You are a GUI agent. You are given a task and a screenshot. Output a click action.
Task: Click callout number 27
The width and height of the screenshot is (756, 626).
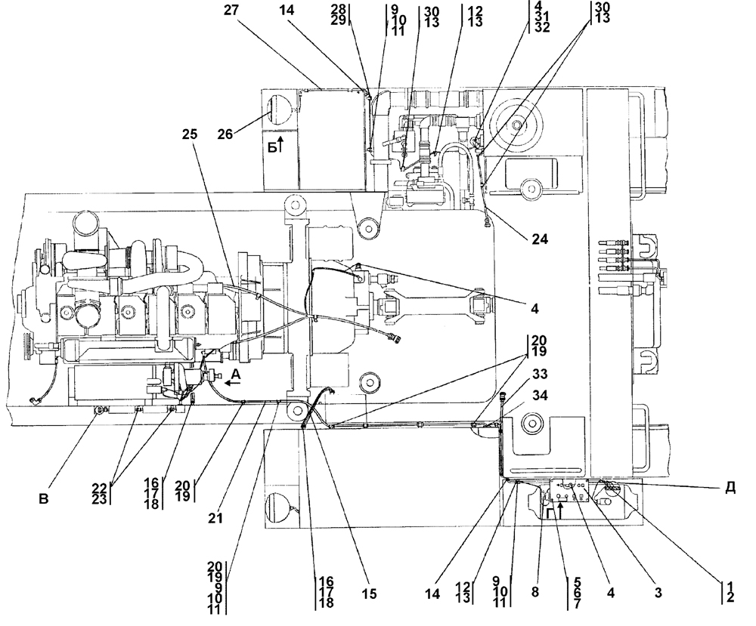click(232, 10)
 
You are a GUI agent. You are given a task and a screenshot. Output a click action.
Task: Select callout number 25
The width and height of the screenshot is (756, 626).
click(190, 134)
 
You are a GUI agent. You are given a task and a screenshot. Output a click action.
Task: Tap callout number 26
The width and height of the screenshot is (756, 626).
click(225, 134)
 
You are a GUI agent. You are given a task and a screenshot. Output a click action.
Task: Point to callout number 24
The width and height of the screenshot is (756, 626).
click(540, 239)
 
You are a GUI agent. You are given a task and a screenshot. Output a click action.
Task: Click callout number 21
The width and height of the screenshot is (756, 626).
click(215, 518)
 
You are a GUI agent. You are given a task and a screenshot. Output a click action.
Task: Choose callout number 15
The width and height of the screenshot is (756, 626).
click(369, 594)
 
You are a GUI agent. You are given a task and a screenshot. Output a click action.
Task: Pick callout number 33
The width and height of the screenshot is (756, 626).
click(540, 374)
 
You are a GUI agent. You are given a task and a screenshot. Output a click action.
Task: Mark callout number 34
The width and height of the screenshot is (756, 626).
click(540, 396)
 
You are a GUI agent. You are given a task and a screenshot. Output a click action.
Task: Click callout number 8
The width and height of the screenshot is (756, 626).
click(535, 591)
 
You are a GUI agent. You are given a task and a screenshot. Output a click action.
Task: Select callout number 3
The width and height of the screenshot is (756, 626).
click(658, 593)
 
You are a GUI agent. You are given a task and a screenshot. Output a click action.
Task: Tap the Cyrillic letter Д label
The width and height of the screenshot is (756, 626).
click(730, 487)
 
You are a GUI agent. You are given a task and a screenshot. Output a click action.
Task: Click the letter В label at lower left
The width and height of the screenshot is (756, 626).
click(44, 499)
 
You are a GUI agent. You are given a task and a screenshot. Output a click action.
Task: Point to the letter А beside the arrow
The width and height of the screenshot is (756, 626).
click(235, 373)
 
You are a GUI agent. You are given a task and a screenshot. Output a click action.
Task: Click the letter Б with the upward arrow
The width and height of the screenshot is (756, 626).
click(273, 148)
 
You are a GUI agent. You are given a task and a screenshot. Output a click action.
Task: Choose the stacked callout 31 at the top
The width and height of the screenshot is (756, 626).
click(542, 17)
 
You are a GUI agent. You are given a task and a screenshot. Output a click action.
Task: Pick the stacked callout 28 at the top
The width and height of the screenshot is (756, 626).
click(339, 9)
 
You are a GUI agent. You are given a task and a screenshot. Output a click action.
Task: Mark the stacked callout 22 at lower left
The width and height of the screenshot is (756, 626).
click(100, 489)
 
